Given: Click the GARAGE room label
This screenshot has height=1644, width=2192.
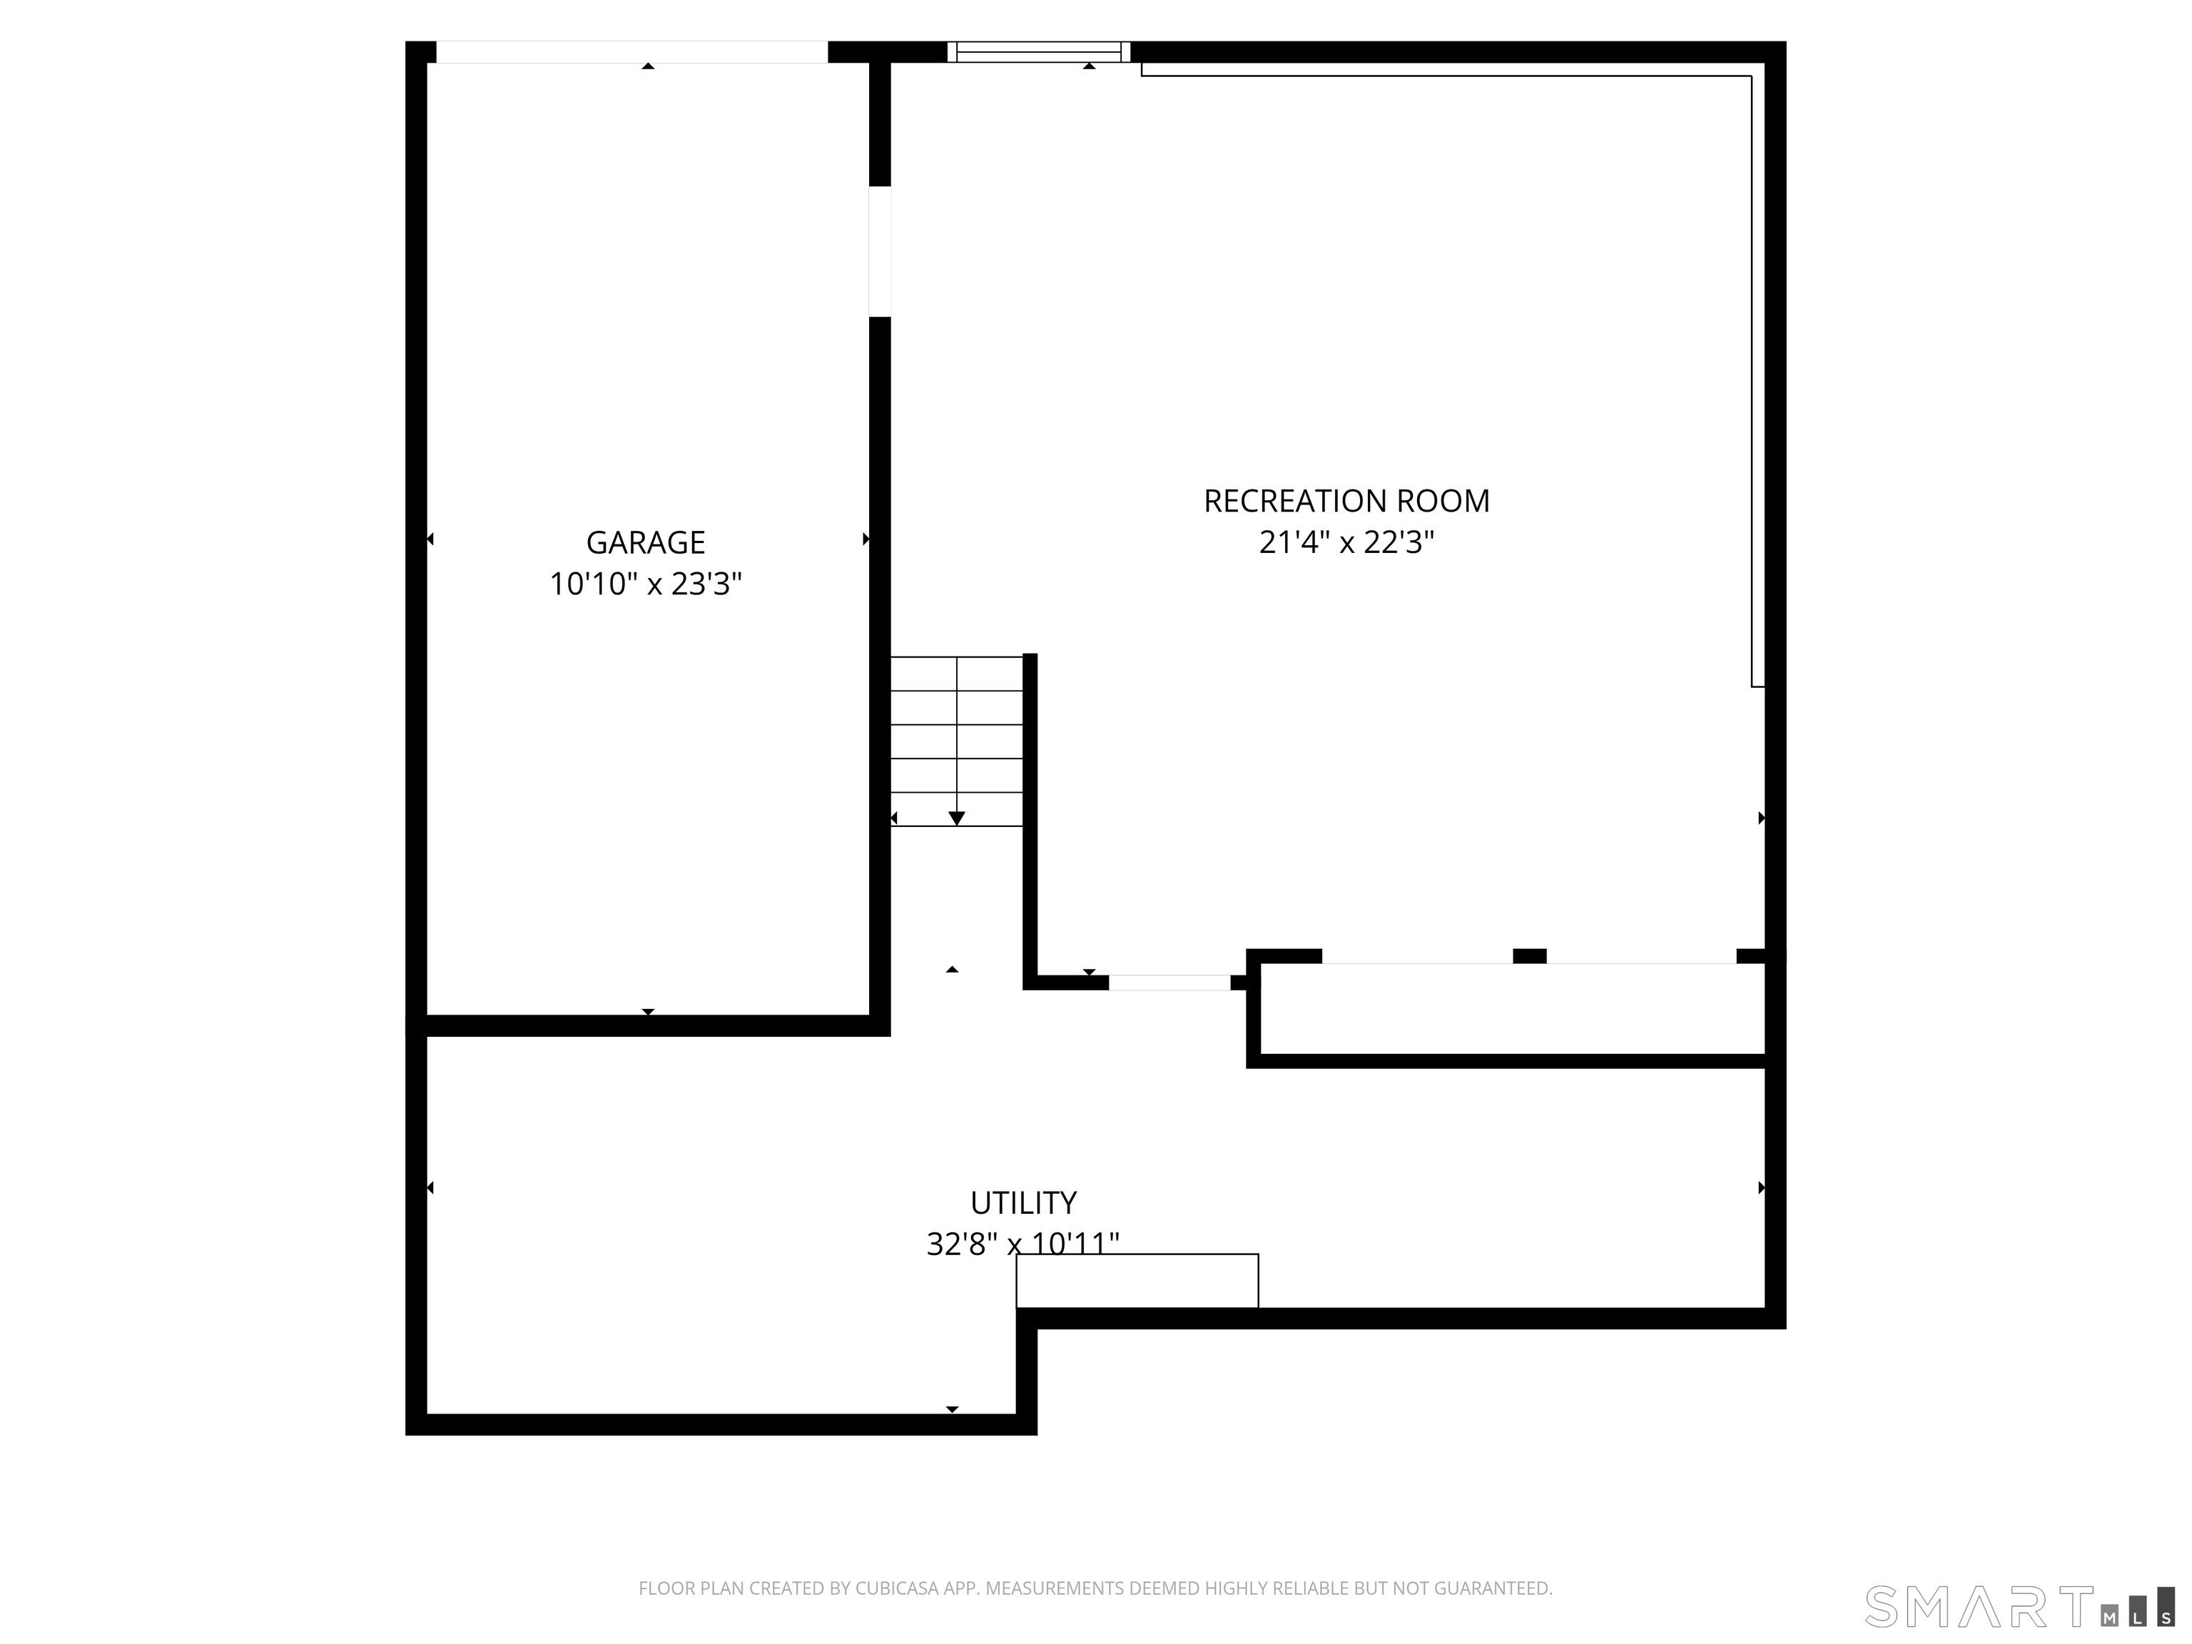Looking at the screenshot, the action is tap(645, 542).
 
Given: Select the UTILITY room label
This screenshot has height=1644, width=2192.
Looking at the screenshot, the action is tap(1023, 1202).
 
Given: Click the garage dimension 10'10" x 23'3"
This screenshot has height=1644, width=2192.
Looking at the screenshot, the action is tap(645, 584).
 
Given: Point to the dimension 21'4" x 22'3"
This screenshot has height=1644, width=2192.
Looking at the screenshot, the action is tap(1346, 542).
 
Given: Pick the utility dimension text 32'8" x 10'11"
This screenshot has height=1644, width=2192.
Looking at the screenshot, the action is tap(1023, 1244).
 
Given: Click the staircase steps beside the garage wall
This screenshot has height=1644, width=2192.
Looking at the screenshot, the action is tap(956, 741).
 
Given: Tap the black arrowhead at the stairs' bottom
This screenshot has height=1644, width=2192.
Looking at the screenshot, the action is tap(956, 818).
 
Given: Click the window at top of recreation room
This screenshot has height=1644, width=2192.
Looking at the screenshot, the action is tap(1038, 51).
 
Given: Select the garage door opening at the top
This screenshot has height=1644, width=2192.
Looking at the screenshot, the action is tap(632, 51).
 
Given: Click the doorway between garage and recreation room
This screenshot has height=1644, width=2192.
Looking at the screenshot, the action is tap(880, 252).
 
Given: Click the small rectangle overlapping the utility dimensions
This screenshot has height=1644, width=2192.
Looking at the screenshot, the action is tap(1137, 1282).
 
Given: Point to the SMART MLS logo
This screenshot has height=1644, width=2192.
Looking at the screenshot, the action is tap(2019, 1606).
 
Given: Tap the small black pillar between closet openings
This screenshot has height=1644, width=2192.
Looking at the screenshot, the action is tap(1530, 956).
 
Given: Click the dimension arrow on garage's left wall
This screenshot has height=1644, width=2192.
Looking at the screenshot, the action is tap(430, 539).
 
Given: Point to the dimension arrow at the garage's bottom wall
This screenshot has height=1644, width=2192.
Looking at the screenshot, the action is tap(648, 1012).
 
